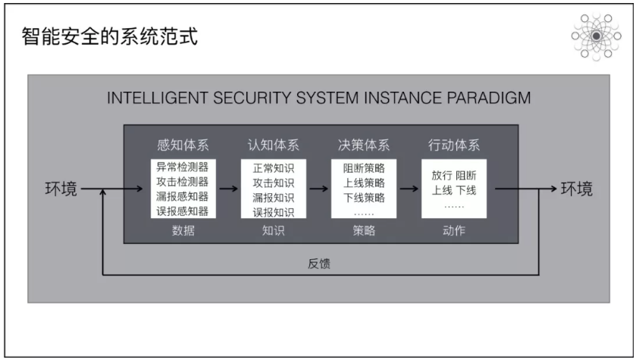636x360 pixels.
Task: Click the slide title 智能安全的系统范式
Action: pyautogui.click(x=111, y=36)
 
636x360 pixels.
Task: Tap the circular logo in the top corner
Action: pyautogui.click(x=597, y=36)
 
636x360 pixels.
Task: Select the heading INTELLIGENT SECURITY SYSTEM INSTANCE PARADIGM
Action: pyautogui.click(x=318, y=99)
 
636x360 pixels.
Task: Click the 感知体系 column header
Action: pyautogui.click(x=182, y=145)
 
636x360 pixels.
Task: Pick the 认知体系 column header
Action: pyautogui.click(x=274, y=145)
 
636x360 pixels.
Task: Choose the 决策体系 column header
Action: pyautogui.click(x=364, y=145)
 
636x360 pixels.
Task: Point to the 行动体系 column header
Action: pyautogui.click(x=454, y=145)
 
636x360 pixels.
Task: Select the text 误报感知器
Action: pyautogui.click(x=183, y=211)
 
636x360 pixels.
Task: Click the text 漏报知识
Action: pyautogui.click(x=274, y=197)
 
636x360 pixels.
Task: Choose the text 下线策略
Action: pyautogui.click(x=364, y=197)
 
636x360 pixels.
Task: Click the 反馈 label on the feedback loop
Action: pyautogui.click(x=319, y=264)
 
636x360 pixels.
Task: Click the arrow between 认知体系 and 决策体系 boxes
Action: pyautogui.click(x=318, y=189)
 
